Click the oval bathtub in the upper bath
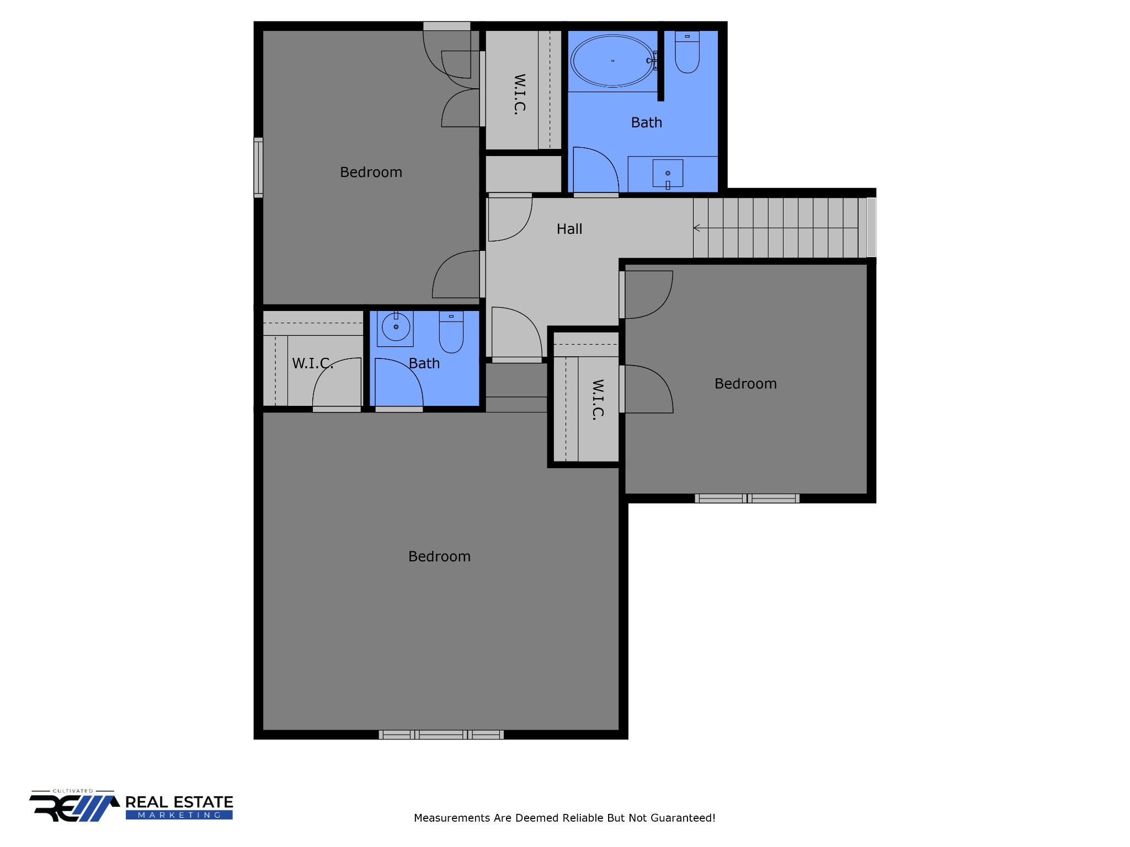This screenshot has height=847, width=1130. pos(612,61)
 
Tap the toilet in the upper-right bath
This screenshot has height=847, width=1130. pos(687,54)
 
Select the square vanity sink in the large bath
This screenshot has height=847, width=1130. pos(668,173)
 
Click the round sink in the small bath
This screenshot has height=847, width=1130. pos(396,327)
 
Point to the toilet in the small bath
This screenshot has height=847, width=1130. pos(451,333)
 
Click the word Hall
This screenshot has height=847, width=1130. pos(569,229)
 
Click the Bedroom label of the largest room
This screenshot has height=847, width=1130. pos(439,556)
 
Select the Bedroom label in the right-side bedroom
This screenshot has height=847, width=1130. pos(745,384)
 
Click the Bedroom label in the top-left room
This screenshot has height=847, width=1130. pos(371,173)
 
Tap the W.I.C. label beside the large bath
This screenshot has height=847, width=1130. pos(519,94)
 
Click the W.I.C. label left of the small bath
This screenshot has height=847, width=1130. pos(312,363)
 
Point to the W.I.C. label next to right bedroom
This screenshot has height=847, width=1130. pos(598,400)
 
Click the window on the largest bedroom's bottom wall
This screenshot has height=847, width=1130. pos(441,735)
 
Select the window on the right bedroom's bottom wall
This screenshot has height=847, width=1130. pos(747,498)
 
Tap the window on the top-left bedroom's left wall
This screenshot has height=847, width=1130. pos(258,167)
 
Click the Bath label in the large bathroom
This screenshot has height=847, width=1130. pos(646,122)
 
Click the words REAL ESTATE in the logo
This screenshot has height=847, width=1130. pos(179,802)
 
